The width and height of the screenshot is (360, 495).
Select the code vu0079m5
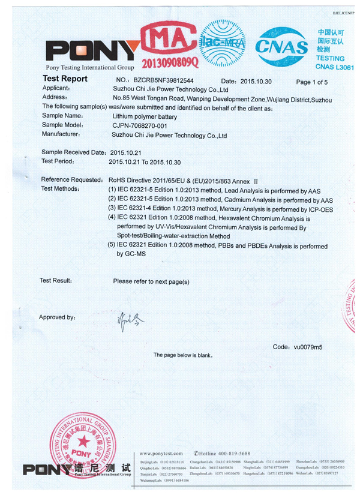(x=305, y=347)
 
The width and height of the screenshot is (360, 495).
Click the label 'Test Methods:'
(x=60, y=189)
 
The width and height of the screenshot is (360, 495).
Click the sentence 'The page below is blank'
(x=182, y=356)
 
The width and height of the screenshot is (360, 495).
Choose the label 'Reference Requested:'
(x=72, y=180)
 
